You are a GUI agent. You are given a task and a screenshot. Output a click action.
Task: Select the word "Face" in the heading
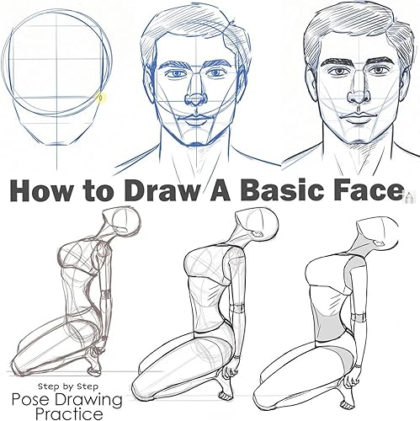coord(366,190)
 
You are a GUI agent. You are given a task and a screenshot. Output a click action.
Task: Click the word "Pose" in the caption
coord(30,399)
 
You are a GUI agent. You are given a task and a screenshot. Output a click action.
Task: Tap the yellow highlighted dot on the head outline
coord(101,98)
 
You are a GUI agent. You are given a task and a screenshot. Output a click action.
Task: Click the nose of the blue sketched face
coord(195,99)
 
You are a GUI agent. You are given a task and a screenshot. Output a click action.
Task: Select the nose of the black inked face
coord(359,96)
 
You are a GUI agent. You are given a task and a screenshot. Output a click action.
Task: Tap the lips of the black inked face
coord(357,117)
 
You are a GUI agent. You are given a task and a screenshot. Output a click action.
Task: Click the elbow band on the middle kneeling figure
coord(239,308)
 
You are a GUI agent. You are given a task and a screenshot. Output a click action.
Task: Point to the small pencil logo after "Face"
coord(407,195)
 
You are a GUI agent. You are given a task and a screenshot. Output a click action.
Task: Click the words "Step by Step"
coord(68,386)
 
